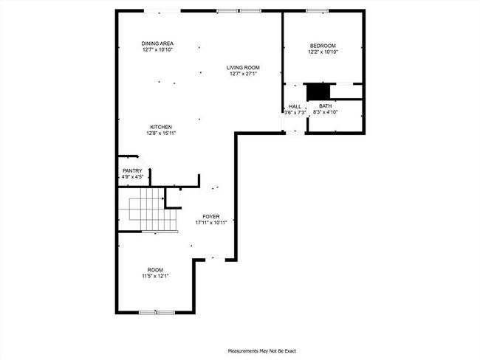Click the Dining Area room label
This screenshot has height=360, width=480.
157,44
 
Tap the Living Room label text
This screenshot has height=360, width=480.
243,68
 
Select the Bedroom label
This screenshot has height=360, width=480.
323,46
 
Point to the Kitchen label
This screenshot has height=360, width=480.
161,127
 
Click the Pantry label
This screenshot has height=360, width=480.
132,171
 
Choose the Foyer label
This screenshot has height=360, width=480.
211,216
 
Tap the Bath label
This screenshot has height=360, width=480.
326,106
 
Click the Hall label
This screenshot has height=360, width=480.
295,106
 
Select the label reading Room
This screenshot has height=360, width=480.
155,270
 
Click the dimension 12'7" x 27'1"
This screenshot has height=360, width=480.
243,74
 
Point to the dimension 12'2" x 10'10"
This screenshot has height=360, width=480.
323,52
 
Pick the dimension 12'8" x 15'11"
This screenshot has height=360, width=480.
161,134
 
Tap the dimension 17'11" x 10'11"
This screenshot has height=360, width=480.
211,222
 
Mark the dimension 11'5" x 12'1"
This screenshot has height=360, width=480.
155,276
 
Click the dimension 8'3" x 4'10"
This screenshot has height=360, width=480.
326,112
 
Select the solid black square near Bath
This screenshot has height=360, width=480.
318,91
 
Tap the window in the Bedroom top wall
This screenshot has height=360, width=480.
318,10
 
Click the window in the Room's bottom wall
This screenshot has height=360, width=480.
157,313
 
